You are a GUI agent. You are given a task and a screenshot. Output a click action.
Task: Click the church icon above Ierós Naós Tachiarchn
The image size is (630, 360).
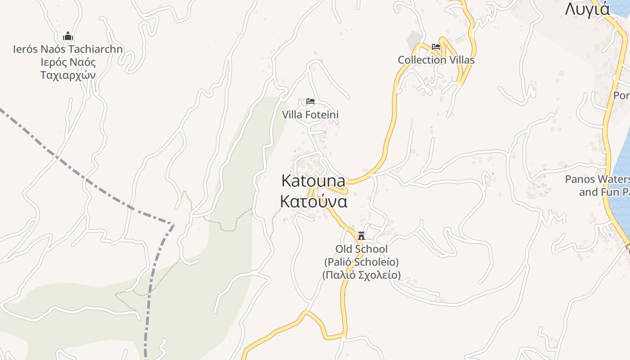coord(68,36)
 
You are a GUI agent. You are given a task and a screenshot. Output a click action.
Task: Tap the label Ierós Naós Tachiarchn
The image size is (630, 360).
coord(68,49)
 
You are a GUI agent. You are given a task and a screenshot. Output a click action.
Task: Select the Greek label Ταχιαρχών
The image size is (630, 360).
coord(68,75)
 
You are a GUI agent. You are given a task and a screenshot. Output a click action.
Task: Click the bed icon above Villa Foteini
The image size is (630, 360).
coord(310,101)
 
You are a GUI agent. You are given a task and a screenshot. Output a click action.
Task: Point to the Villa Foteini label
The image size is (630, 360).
coord(310,115)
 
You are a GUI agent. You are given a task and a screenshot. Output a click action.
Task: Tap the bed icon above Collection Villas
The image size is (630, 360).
coord(436,46)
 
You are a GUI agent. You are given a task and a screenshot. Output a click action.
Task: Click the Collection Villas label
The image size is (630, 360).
coord(436,60)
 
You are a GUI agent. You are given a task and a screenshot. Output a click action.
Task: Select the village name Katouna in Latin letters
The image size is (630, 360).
coord(313,181)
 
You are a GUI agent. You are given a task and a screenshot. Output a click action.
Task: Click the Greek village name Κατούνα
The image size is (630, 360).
coord(313,202)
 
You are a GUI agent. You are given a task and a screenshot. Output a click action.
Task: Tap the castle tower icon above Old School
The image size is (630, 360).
coord(361,235)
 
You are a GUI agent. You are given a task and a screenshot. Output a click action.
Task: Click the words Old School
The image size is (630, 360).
coord(361,249)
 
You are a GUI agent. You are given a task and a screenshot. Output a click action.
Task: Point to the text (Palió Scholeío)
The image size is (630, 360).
coord(361,261)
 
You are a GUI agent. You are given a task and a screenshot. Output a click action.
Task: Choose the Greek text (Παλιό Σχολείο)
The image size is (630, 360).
coord(361,274)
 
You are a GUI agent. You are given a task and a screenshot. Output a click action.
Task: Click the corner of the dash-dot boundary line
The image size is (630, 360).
coord(173,224)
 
